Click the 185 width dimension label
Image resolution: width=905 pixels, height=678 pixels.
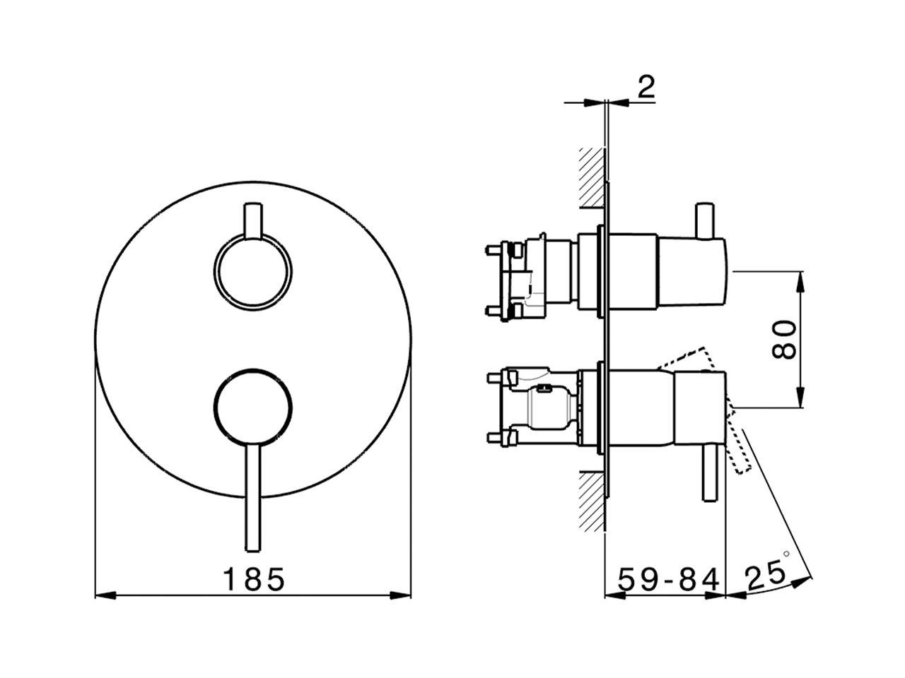[x=254, y=579]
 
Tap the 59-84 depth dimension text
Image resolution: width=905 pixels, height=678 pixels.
[x=667, y=579]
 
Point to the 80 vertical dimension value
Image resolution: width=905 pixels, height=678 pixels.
[x=785, y=340]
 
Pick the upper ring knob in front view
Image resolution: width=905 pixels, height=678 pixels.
[x=252, y=272]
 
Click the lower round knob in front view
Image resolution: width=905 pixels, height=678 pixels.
[x=251, y=408]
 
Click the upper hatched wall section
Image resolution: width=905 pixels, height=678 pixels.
[x=592, y=177]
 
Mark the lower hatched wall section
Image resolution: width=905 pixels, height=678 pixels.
[x=592, y=501]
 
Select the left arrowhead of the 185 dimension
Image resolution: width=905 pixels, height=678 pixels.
[x=103, y=595]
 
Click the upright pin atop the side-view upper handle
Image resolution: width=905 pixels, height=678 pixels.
[x=704, y=220]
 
